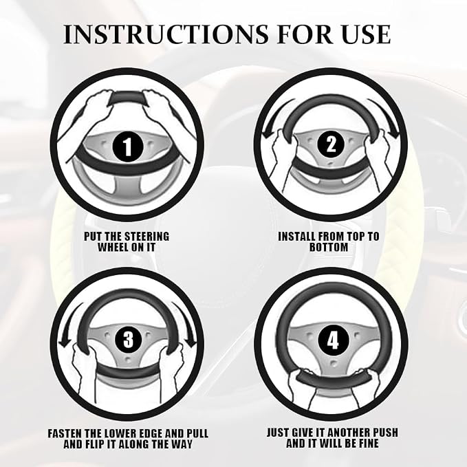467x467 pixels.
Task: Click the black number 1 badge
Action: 127,146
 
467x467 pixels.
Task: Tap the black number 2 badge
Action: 331,145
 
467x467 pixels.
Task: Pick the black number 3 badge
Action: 128,338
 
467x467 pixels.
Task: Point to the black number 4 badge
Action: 332,340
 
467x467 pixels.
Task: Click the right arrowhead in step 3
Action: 191,343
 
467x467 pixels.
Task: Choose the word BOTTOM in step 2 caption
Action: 329,247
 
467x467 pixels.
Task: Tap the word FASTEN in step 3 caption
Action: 65,433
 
